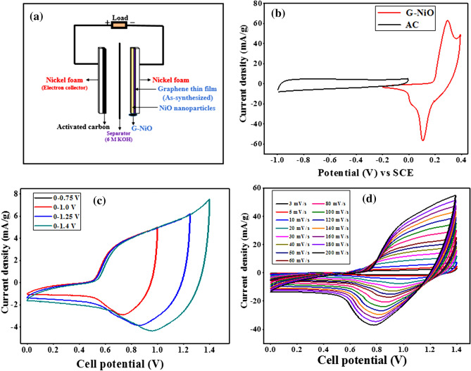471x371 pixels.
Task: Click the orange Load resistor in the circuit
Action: pos(118,25)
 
